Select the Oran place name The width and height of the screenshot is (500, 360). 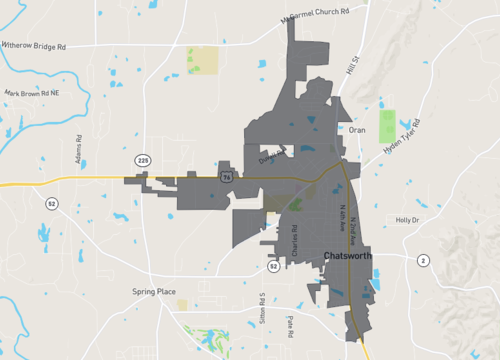[358, 130]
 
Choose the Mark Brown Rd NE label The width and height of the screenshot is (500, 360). [32, 93]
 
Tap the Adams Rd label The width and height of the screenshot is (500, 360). [78, 152]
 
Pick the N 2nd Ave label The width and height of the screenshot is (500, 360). [353, 233]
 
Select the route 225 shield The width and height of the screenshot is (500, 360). [143, 159]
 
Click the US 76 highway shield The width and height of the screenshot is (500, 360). [227, 176]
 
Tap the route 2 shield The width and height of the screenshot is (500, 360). [423, 260]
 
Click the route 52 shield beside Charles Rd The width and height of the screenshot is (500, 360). [273, 267]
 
